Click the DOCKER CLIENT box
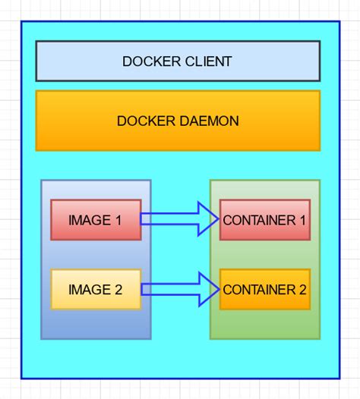178,61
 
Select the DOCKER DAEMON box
178,121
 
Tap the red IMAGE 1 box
96,220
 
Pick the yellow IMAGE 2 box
96,289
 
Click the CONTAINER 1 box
264,220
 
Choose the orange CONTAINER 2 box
264,289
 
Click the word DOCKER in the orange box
142,121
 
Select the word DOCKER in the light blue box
147,61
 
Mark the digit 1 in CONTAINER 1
302,220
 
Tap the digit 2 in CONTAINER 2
302,289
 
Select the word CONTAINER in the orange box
258,289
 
